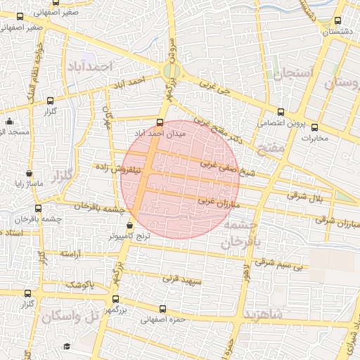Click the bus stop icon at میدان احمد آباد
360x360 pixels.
pos(159,122)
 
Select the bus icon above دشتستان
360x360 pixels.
pos(339,21)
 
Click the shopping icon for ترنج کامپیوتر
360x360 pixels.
pos(129,226)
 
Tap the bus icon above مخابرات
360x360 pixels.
pos(314,127)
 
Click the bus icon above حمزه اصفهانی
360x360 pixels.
pos(163,309)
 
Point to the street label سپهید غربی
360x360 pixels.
pos(182,279)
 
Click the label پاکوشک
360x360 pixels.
pos(78,285)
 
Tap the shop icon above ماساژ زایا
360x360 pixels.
pos(28,174)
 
